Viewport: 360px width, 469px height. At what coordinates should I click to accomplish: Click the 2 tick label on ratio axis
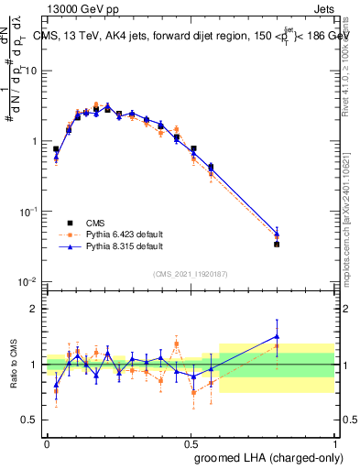34,310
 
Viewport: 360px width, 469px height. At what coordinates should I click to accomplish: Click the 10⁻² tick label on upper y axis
28,281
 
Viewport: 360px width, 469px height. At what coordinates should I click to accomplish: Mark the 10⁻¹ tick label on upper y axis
28,212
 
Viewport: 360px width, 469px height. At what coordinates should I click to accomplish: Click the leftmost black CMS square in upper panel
56,149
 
